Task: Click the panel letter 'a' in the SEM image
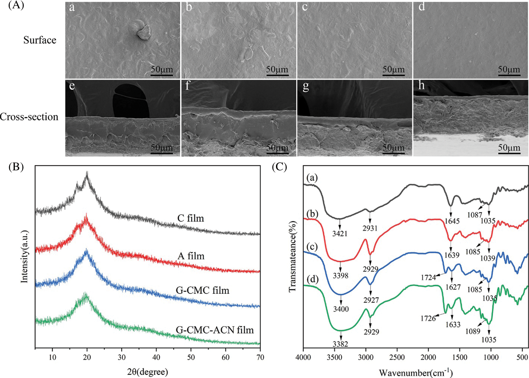[x=72, y=8]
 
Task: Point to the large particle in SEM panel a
[x=144, y=32]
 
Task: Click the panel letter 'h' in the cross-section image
[x=421, y=85]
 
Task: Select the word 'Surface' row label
[x=40, y=40]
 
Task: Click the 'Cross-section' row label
[x=29, y=117]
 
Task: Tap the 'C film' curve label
[x=191, y=218]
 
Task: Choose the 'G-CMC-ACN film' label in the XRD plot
[x=215, y=330]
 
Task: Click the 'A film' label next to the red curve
[x=191, y=256]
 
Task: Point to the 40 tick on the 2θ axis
[x=156, y=357]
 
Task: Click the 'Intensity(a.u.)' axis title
[x=25, y=257]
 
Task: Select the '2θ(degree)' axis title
[x=148, y=372]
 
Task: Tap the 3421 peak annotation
[x=340, y=233]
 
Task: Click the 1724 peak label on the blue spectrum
[x=428, y=277]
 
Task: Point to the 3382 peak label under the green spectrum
[x=340, y=344]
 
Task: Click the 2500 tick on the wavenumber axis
[x=397, y=358]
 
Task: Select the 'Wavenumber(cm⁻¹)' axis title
[x=416, y=373]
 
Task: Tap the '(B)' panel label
[x=16, y=167]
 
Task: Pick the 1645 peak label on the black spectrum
[x=452, y=221]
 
